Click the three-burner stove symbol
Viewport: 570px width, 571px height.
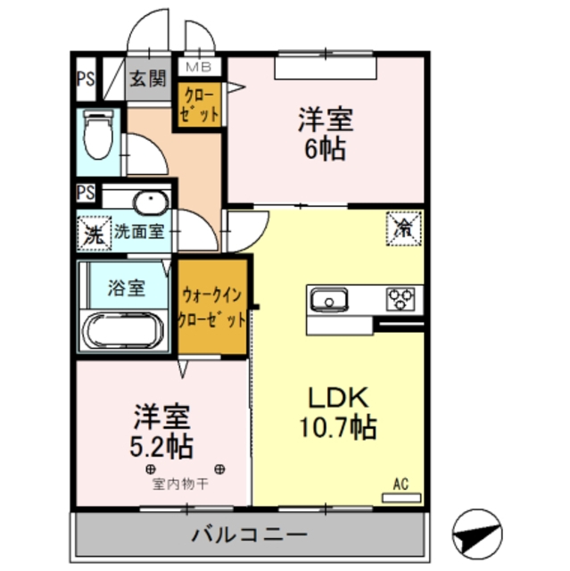[401, 299]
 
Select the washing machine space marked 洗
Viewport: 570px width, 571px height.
[92, 234]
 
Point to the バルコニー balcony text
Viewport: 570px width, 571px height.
[250, 535]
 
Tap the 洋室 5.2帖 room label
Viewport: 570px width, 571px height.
[163, 430]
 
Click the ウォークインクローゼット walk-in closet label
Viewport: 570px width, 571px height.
[211, 306]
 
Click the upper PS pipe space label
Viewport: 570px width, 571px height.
[85, 78]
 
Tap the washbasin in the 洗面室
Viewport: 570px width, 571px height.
[149, 201]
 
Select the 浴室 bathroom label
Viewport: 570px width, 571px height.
[126, 287]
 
